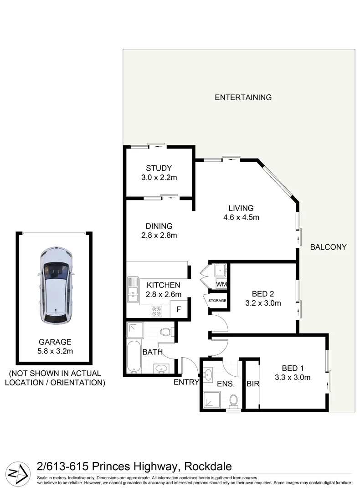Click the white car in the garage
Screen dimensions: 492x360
[x=55, y=286]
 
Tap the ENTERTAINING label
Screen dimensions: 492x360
[x=243, y=97]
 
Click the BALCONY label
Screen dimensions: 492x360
[x=328, y=247]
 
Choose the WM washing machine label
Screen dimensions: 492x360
[x=221, y=285]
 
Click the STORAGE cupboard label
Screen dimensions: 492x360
[x=217, y=301]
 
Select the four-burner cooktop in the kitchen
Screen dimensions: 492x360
[x=157, y=311]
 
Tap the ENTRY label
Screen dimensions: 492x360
[x=186, y=382]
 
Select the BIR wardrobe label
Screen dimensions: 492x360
[x=252, y=384]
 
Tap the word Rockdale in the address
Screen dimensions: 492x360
[x=208, y=466]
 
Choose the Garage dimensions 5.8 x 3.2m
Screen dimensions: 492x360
[x=55, y=351]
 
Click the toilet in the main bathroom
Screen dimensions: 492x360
[x=167, y=333]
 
